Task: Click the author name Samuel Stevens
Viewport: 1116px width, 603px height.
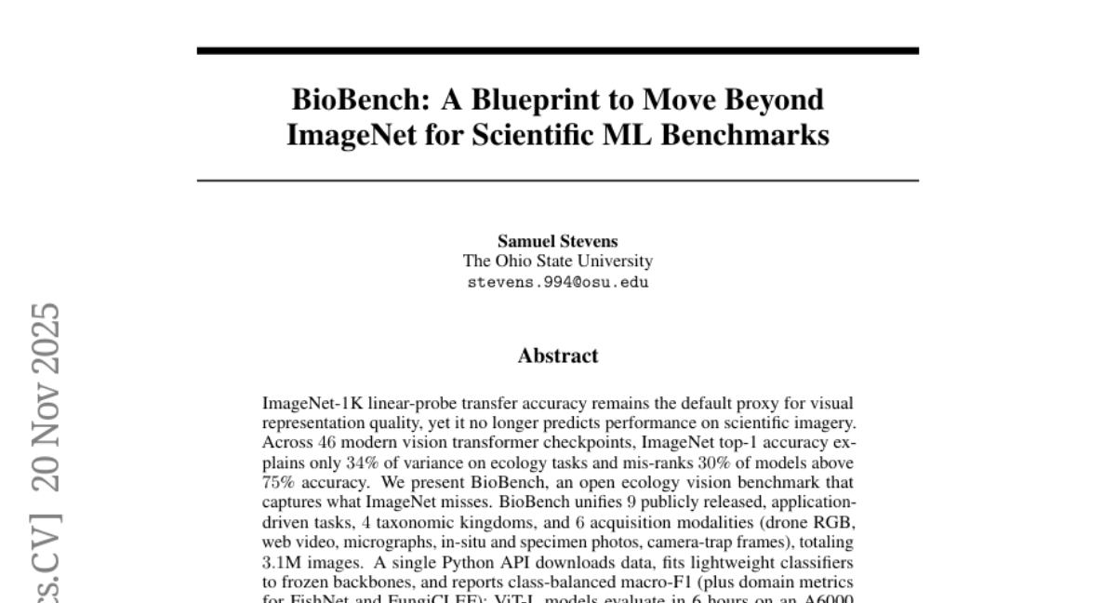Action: [557, 242]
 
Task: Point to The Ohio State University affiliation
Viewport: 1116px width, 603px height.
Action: [557, 261]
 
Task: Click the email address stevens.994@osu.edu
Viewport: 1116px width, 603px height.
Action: [557, 281]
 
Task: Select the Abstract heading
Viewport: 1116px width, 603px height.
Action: [557, 355]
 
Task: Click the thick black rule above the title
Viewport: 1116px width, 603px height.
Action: [557, 50]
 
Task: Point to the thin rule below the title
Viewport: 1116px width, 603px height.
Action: [557, 180]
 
